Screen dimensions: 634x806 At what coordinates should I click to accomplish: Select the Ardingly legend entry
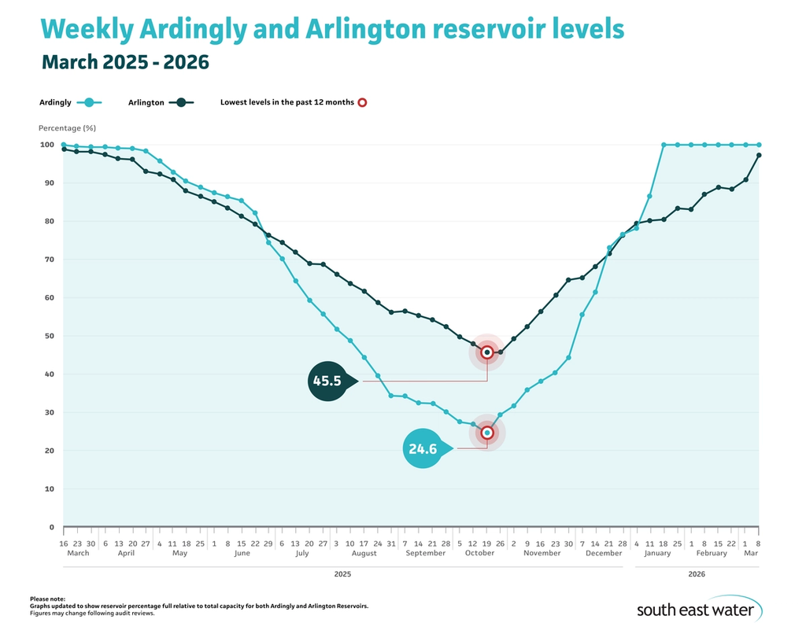[x=70, y=102]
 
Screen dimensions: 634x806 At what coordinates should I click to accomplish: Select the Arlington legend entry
[x=160, y=102]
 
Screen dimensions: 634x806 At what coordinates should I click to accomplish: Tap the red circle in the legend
[x=362, y=102]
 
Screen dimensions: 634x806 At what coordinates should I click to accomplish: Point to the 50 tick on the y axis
[x=48, y=336]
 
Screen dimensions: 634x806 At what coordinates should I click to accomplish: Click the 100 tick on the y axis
[x=46, y=145]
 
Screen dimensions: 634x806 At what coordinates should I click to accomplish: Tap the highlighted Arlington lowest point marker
[x=487, y=352]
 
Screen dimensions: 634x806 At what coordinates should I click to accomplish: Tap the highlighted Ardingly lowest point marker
[x=487, y=433]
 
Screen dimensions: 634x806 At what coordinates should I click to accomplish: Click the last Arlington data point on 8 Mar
[x=759, y=155]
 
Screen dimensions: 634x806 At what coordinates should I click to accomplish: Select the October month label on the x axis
[x=479, y=553]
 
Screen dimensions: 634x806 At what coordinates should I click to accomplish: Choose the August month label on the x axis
[x=364, y=553]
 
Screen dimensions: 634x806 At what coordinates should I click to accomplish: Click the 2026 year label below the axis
[x=697, y=575]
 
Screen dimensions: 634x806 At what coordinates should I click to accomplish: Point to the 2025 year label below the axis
[x=342, y=575]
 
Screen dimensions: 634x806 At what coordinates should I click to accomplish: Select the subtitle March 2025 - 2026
[x=125, y=61]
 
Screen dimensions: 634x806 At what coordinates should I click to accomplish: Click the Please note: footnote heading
[x=48, y=599]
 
